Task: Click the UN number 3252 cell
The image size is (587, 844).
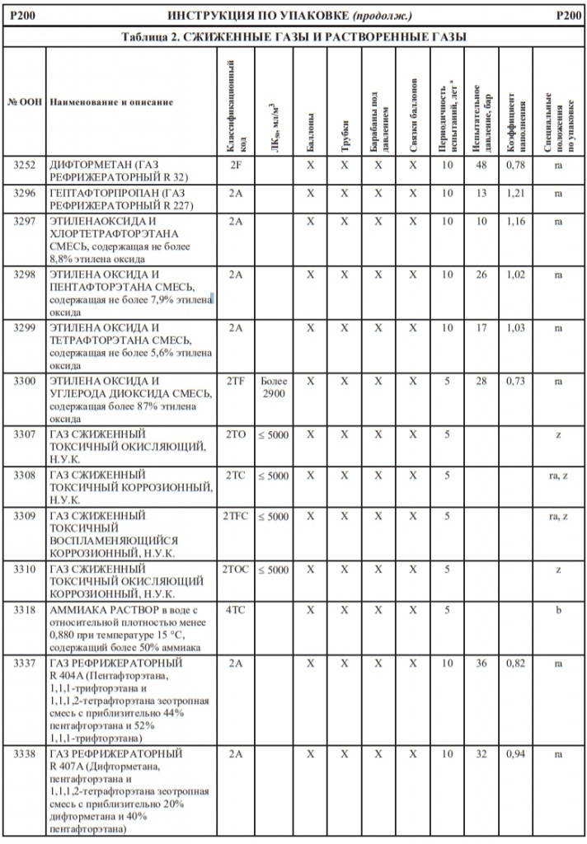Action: click(x=25, y=165)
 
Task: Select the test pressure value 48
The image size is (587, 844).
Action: click(x=481, y=165)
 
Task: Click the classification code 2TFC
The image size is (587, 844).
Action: click(x=235, y=517)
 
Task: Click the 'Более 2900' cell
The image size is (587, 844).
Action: click(x=274, y=388)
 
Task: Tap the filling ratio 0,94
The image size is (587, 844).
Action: click(x=515, y=754)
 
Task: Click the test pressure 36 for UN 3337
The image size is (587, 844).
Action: click(x=481, y=664)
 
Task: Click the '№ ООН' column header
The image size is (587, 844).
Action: click(x=25, y=102)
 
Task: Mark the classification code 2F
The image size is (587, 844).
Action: click(x=235, y=165)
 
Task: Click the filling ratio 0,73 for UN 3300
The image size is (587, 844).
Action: click(x=515, y=382)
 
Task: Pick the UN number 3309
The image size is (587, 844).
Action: click(x=25, y=517)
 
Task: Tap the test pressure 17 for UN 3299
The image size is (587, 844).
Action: click(x=481, y=328)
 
